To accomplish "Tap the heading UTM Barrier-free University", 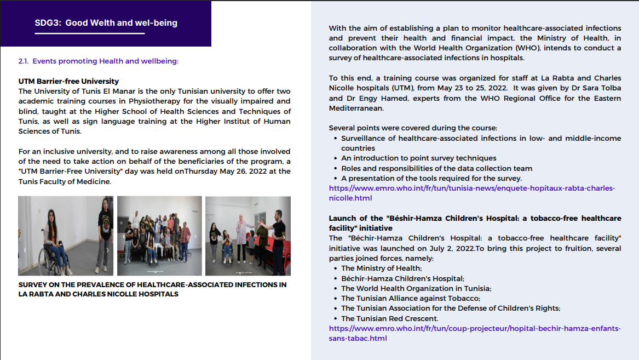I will (x=68, y=81).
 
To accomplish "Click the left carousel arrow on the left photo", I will (x=24, y=249).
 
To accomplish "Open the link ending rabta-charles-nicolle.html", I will (x=471, y=193).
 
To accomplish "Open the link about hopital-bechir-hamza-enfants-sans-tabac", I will (x=474, y=333).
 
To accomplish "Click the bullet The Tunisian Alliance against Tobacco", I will (x=410, y=298).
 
